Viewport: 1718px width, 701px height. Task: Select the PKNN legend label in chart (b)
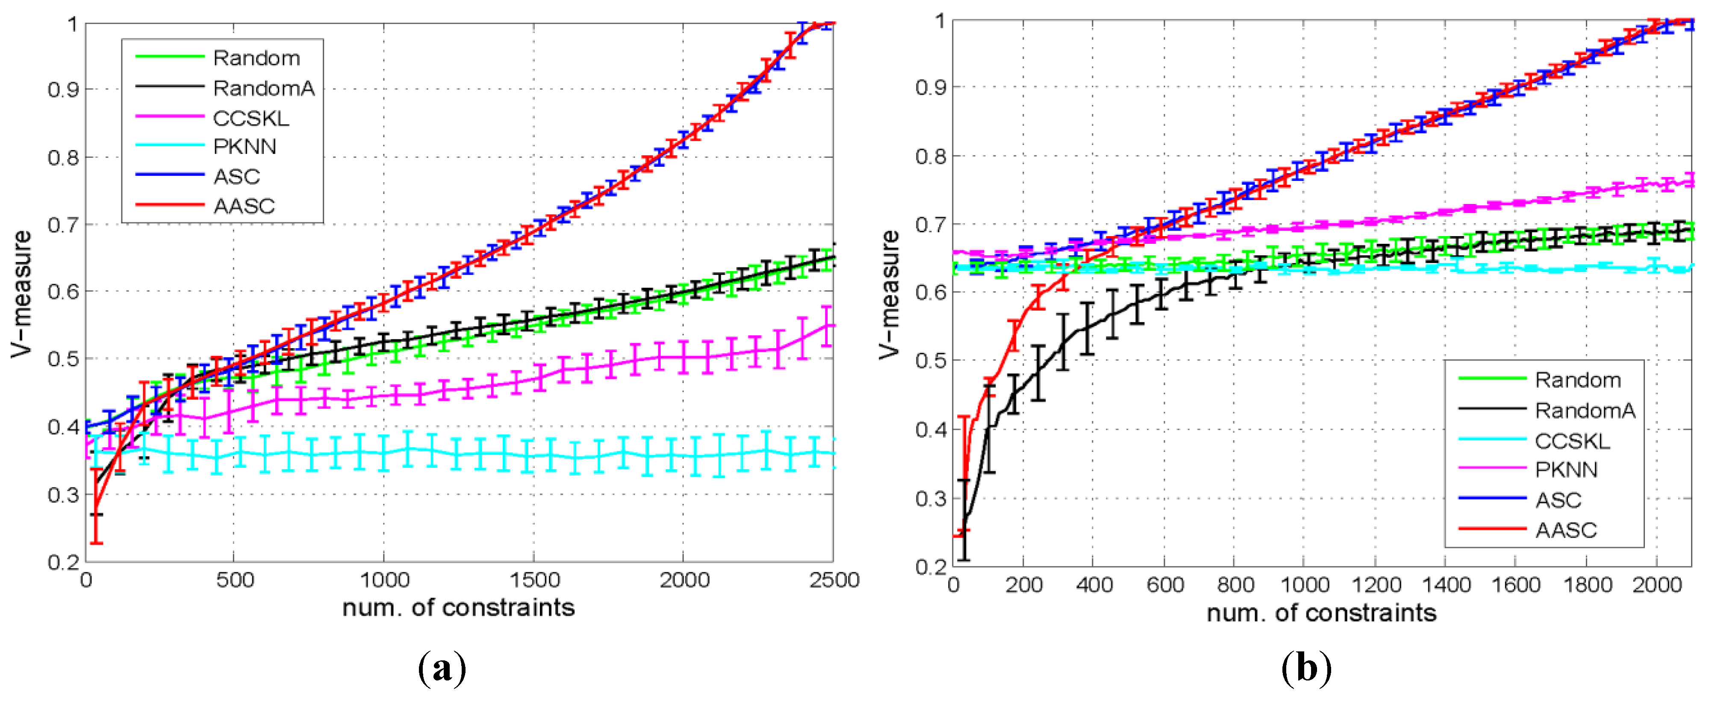pyautogui.click(x=1566, y=470)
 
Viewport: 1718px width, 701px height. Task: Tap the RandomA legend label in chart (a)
pyautogui.click(x=263, y=88)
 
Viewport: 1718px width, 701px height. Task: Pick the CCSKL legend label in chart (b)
pyautogui.click(x=1572, y=441)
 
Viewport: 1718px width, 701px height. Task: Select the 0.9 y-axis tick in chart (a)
pyautogui.click(x=63, y=89)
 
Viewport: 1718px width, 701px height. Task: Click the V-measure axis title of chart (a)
pyautogui.click(x=21, y=293)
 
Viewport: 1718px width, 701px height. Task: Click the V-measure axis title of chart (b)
pyautogui.click(x=890, y=293)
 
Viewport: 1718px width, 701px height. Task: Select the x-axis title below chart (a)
pyautogui.click(x=458, y=608)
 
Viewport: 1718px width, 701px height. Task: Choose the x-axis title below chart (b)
pyautogui.click(x=1321, y=613)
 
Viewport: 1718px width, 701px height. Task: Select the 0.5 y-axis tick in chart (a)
pyautogui.click(x=63, y=359)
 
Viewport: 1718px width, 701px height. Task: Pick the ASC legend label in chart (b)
pyautogui.click(x=1558, y=500)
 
